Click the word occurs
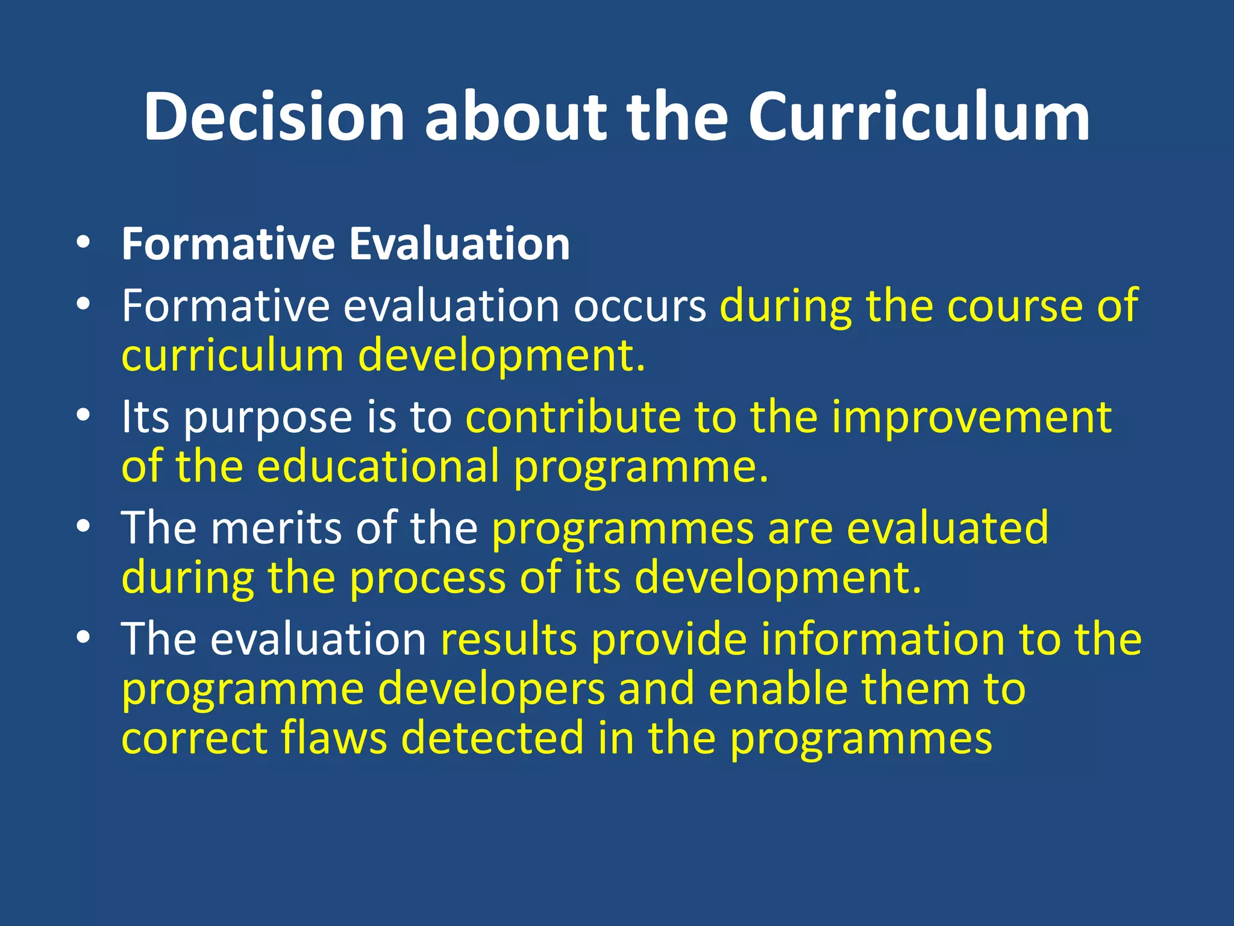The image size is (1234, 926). pos(639,306)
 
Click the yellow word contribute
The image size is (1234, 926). pos(572,417)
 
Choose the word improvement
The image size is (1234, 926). pos(971,417)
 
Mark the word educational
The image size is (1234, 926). pos(378,467)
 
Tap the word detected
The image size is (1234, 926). pos(492,738)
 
